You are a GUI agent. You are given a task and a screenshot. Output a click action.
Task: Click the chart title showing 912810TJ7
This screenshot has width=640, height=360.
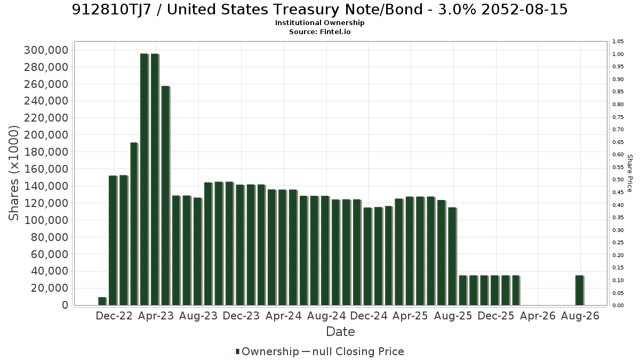[319, 10]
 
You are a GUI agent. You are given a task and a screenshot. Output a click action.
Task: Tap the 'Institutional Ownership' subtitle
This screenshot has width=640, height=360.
[319, 23]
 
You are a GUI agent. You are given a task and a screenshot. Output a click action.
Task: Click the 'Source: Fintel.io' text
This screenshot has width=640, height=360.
[319, 31]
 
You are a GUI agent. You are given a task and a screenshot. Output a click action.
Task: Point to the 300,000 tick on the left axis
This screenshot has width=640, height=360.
[46, 50]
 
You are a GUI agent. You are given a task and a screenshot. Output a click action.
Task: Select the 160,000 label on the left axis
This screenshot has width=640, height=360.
[46, 169]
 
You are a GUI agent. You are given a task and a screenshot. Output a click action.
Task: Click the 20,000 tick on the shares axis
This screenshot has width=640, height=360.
[50, 288]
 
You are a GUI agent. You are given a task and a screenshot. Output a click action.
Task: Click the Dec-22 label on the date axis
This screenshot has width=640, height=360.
[114, 316]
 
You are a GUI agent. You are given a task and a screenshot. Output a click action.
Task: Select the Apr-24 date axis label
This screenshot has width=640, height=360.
[283, 316]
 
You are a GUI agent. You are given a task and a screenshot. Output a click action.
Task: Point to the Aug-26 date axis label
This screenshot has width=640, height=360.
[580, 316]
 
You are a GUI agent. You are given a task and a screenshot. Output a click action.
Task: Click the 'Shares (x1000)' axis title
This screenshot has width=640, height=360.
[14, 173]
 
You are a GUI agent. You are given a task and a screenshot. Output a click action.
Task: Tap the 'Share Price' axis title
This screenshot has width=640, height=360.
[630, 173]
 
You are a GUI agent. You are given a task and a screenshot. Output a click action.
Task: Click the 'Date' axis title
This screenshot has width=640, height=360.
[340, 332]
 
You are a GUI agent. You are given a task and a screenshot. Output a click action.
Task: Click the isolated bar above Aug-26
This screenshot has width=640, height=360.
[580, 290]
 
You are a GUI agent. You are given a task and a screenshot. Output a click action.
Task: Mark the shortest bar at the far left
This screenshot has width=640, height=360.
[102, 301]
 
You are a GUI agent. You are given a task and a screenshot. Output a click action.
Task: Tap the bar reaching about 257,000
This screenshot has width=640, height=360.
[166, 196]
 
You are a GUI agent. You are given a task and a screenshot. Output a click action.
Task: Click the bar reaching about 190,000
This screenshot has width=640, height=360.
[134, 224]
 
